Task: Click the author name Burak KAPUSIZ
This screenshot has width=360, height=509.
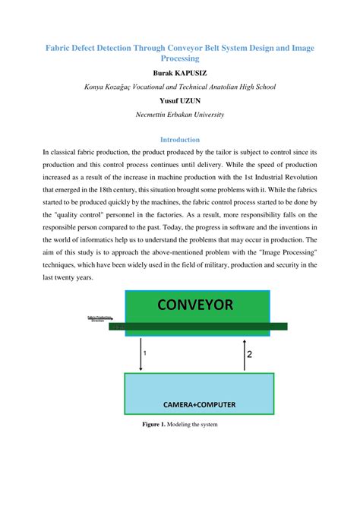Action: click(179, 72)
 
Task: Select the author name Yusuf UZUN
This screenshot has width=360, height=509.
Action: click(179, 100)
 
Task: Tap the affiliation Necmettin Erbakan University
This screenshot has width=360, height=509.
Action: click(179, 114)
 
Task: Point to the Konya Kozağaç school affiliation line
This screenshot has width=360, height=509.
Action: click(179, 87)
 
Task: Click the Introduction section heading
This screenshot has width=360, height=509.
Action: click(179, 140)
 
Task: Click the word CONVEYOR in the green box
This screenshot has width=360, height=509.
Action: click(201, 306)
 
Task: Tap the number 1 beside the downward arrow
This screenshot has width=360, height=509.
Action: click(145, 353)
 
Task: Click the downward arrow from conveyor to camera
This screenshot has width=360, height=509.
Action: click(139, 354)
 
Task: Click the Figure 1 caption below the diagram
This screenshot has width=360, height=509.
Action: click(179, 424)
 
